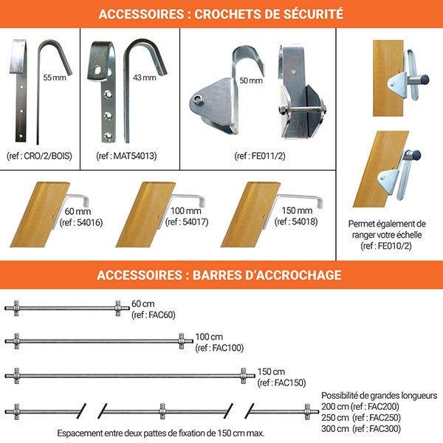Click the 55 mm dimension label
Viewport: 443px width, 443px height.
point(55,78)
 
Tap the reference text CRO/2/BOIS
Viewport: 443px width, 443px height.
point(48,156)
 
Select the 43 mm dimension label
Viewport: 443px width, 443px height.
point(145,78)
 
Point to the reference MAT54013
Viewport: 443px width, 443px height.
point(135,156)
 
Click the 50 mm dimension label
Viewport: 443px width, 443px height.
point(251,80)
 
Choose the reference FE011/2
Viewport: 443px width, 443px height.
point(268,156)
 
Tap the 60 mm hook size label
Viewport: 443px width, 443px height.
point(78,211)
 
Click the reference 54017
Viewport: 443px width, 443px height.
point(195,222)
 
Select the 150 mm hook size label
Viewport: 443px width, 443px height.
point(297,210)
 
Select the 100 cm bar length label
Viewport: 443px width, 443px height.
point(209,337)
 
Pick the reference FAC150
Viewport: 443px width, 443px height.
point(290,382)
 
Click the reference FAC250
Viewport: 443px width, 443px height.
point(385,418)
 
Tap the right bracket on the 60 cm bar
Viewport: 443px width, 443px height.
point(118,308)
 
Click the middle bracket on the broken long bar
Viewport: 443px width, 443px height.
point(162,411)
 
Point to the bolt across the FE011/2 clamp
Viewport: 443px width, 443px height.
point(303,109)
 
